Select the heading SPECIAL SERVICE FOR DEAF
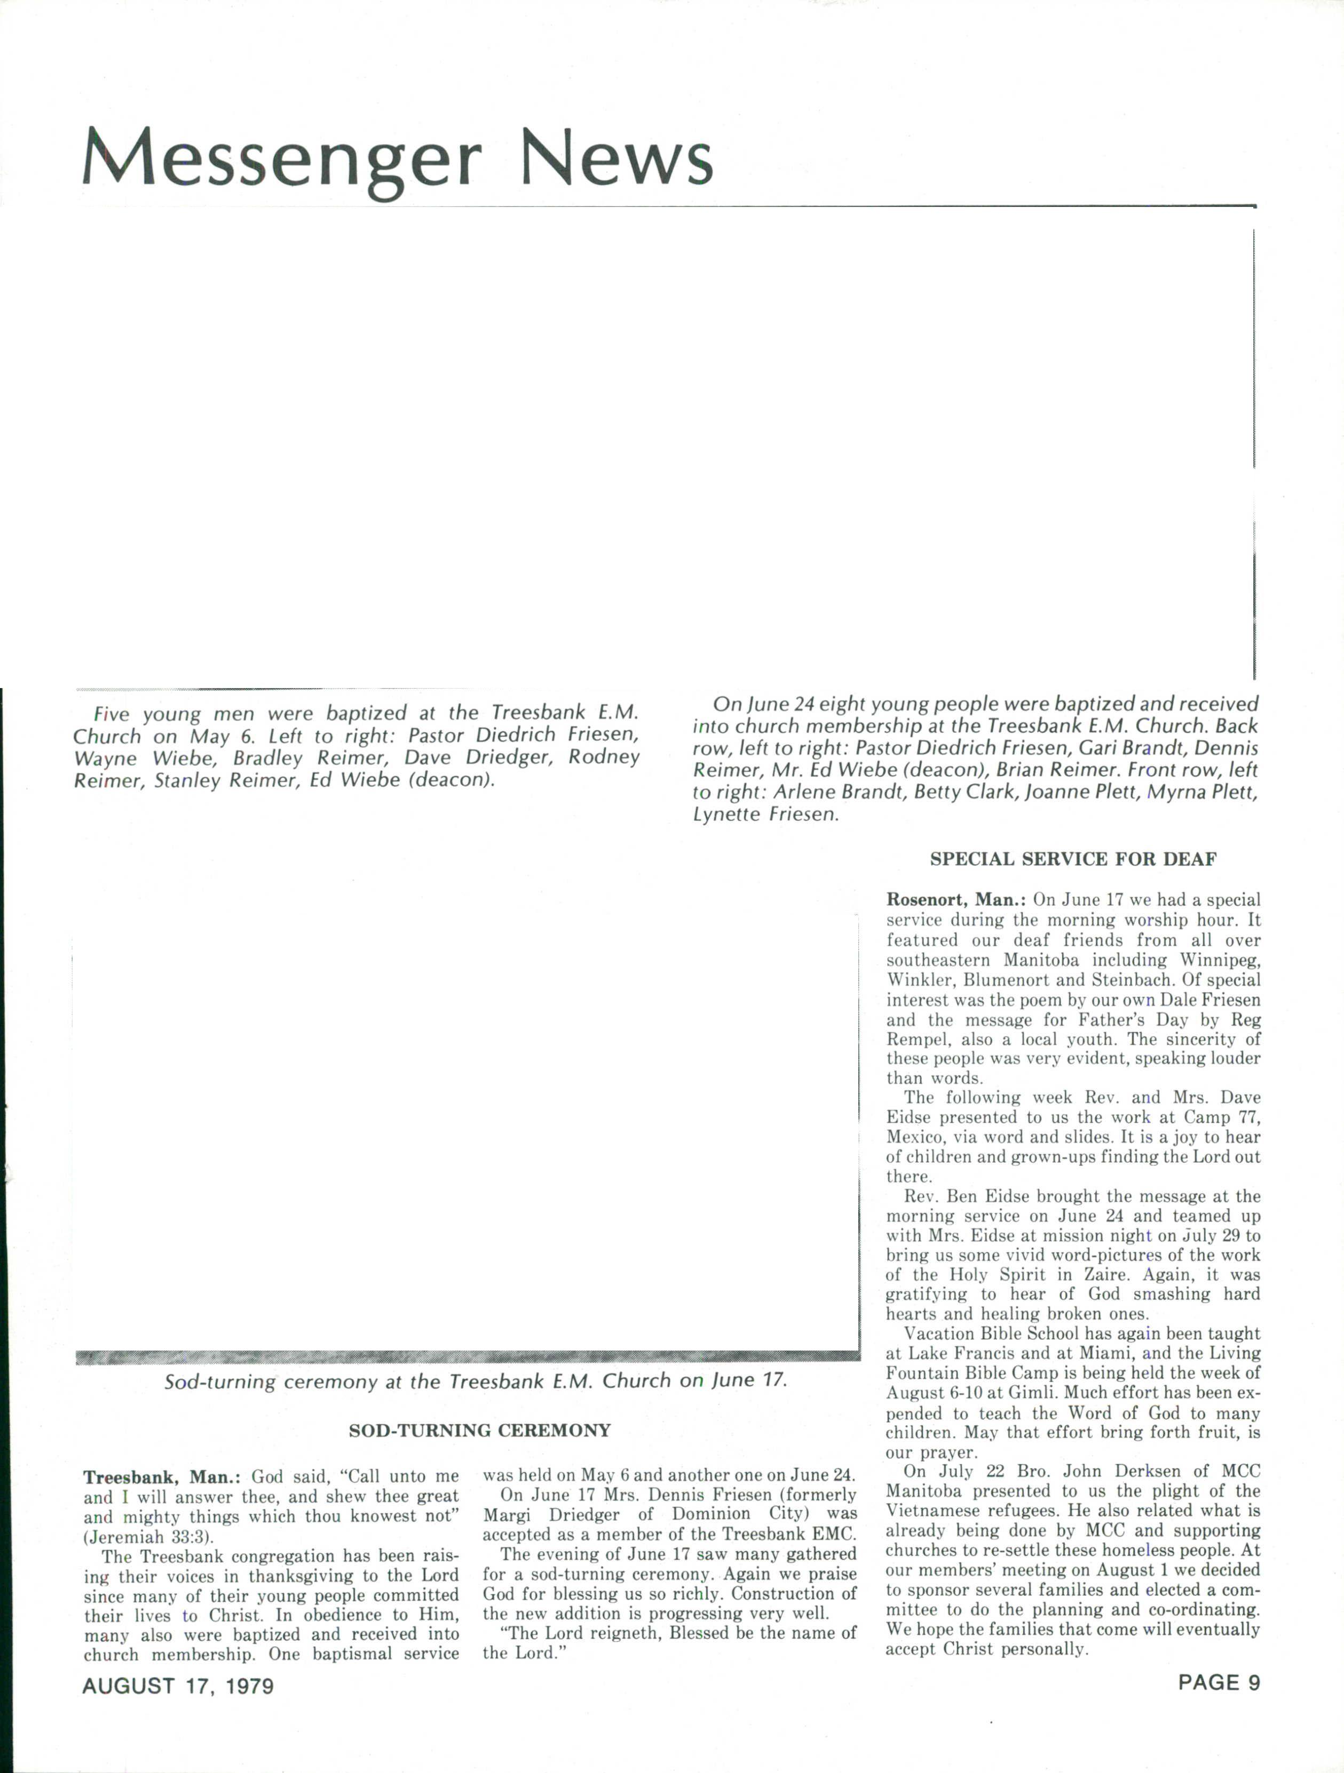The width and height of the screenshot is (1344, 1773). click(x=1073, y=859)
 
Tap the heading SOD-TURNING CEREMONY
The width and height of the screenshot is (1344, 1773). click(x=479, y=1430)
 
